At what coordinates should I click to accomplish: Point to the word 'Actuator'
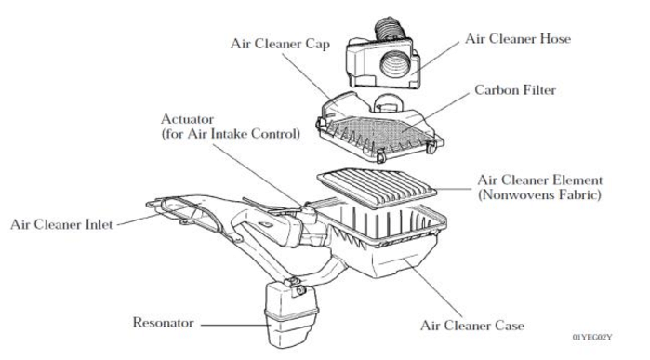point(189,120)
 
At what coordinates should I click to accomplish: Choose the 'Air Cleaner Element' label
point(539,179)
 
